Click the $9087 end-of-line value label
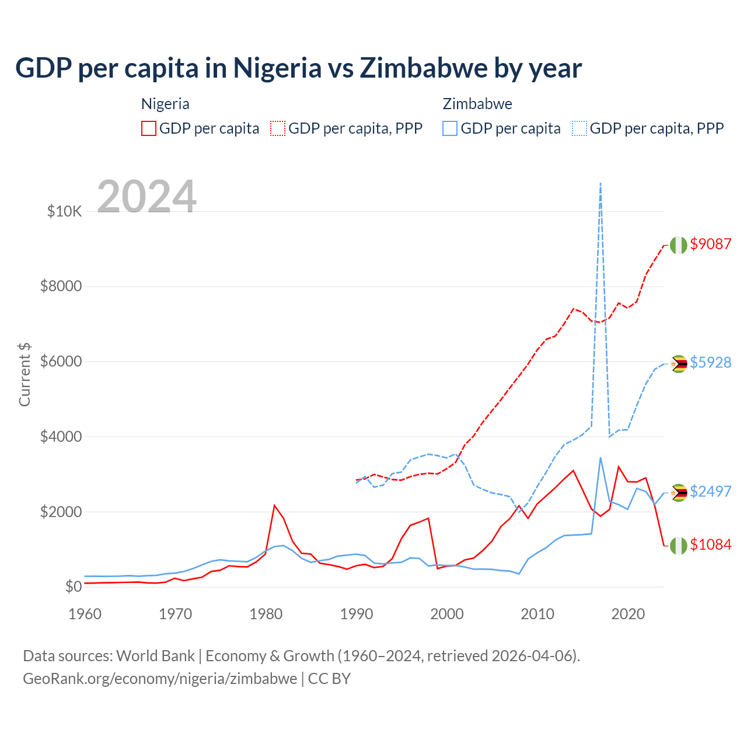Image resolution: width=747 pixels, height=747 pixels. pos(710,244)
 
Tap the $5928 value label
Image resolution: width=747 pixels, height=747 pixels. pos(710,362)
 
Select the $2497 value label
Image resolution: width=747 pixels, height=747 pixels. pos(710,491)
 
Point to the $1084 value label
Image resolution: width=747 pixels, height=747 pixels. pos(710,544)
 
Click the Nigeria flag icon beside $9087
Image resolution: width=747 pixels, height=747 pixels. pos(678,245)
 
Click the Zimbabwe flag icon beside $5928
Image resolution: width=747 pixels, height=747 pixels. pos(678,364)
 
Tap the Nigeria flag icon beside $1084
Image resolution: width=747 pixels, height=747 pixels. pos(678,546)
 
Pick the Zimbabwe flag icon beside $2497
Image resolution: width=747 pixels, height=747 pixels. pos(678,493)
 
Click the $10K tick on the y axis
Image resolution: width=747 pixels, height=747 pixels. pos(64,211)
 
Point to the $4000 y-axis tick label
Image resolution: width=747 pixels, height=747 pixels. pos(61,437)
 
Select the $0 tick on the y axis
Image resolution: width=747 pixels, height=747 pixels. pos(73,587)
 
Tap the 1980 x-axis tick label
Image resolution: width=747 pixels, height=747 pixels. pos(266,614)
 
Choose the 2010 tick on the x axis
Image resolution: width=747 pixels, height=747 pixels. pos(537,614)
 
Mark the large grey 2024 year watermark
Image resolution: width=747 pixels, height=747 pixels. pos(146,197)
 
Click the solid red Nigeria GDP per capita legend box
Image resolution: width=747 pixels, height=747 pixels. pos(149,128)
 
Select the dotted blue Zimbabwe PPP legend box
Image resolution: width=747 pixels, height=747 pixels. pos(580,128)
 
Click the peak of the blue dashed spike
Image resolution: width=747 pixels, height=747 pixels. pos(601,183)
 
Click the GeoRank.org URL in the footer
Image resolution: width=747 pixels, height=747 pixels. pos(160,679)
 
